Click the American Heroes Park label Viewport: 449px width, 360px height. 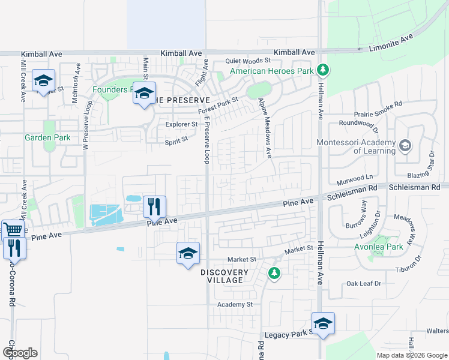tap(273, 71)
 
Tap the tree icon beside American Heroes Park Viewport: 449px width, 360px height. tap(323, 71)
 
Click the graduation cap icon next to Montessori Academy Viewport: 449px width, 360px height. tap(405, 146)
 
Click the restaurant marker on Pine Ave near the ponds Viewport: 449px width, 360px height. tap(154, 206)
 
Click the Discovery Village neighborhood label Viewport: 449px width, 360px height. tap(224, 277)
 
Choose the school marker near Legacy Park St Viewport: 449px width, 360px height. tap(323, 323)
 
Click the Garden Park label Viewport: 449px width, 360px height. tap(47, 137)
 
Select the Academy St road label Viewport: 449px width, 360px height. tap(235, 305)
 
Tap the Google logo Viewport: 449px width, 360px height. tap(19, 353)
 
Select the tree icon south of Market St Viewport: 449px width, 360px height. tap(274, 273)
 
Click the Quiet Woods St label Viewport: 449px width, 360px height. tap(249, 61)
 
